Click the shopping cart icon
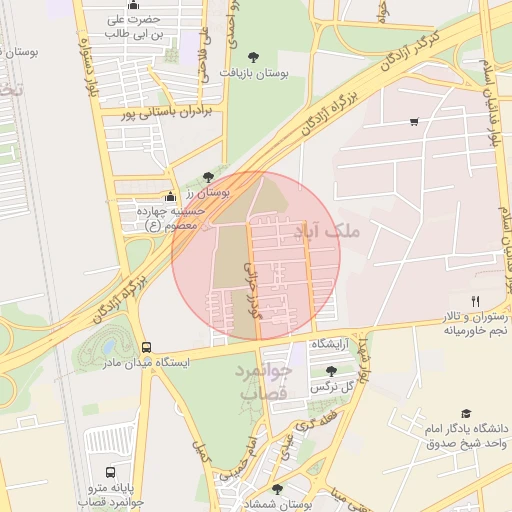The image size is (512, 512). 414,122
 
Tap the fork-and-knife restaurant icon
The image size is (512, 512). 476,300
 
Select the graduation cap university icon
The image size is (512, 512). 465,414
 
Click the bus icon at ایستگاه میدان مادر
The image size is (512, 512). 147,347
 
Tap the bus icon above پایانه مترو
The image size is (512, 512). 109,472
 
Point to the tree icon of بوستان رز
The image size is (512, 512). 208,176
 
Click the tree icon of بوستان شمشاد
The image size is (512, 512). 277,489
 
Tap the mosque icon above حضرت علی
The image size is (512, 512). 133,5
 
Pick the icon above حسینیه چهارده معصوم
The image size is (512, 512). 170,196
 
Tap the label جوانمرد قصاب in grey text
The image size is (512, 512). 263,381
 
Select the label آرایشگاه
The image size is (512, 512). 330,344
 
